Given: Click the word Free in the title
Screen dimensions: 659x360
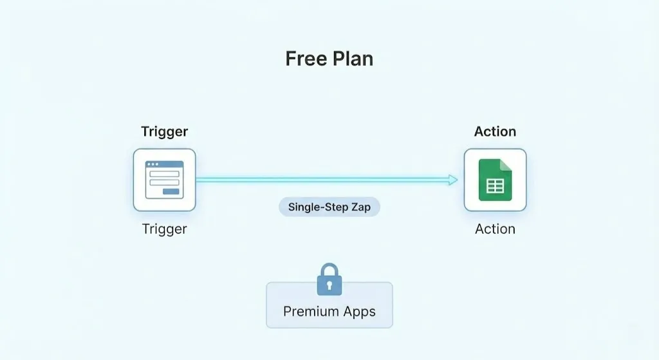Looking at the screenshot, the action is click(x=306, y=59).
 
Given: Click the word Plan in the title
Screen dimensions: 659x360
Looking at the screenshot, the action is click(x=353, y=59).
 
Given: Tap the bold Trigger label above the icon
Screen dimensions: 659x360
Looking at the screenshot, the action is click(x=164, y=132).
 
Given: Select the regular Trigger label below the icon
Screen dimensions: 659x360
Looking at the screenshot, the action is click(x=164, y=230).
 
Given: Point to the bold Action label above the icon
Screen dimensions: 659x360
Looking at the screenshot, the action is click(x=495, y=131).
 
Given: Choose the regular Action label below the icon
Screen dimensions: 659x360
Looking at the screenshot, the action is click(x=495, y=229).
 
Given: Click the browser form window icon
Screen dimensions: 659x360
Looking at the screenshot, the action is click(x=164, y=180).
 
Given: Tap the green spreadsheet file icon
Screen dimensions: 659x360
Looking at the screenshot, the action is click(x=495, y=180).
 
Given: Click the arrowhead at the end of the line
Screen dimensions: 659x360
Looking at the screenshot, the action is click(x=453, y=180).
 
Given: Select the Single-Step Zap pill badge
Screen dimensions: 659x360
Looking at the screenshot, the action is click(x=329, y=207).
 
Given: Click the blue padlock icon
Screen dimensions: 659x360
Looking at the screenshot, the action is click(x=329, y=279).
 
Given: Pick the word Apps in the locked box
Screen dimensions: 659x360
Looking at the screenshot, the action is click(x=359, y=312).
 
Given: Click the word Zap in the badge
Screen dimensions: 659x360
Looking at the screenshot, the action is click(x=361, y=207).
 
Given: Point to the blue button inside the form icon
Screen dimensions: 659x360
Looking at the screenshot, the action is click(x=171, y=192).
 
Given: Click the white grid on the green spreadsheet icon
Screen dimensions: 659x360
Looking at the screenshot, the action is click(x=495, y=186).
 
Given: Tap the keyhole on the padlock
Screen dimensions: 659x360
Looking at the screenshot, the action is click(x=329, y=286).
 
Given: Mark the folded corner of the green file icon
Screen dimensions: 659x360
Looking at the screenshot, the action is click(x=506, y=165).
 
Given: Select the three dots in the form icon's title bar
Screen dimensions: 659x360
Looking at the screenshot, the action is click(x=153, y=164).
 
